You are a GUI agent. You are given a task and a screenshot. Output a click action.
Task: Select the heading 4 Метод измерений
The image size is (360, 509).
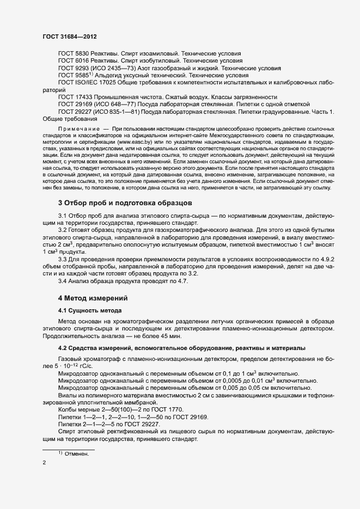click(x=93, y=298)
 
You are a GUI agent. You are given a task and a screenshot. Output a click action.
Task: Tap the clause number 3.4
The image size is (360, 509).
click(x=62, y=281)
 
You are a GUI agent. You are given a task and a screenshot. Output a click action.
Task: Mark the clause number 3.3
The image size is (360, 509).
click(x=62, y=260)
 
